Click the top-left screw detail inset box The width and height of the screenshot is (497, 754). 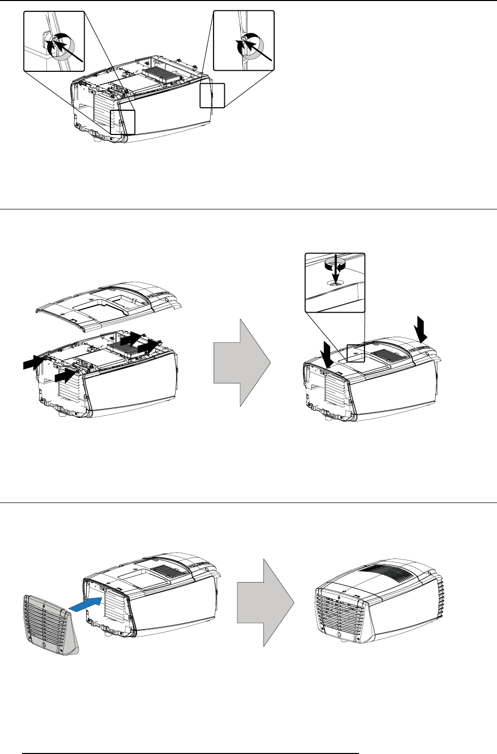54,41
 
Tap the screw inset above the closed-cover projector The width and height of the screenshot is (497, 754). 335,282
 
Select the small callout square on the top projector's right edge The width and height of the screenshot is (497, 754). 212,95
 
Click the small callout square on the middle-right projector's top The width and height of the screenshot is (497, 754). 356,353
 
